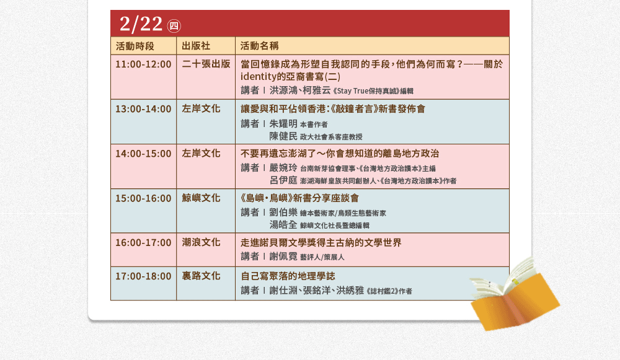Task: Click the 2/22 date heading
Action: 141,24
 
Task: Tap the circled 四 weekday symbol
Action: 174,26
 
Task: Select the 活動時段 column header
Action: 135,46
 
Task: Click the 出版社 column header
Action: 196,46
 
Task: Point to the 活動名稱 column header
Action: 259,46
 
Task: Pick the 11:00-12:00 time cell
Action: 143,64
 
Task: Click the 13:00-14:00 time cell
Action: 143,108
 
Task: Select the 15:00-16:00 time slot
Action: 143,198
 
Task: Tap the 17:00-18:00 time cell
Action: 143,276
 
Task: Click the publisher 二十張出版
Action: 206,64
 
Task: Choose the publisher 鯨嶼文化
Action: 201,198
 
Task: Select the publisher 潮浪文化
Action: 201,242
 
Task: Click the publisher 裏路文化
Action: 201,276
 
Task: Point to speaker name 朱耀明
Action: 283,124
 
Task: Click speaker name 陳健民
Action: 283,136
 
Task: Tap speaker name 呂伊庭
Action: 283,180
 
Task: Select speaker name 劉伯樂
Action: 283,212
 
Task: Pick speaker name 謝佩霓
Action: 283,257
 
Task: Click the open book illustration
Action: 515,294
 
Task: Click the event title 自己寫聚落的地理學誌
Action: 288,276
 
